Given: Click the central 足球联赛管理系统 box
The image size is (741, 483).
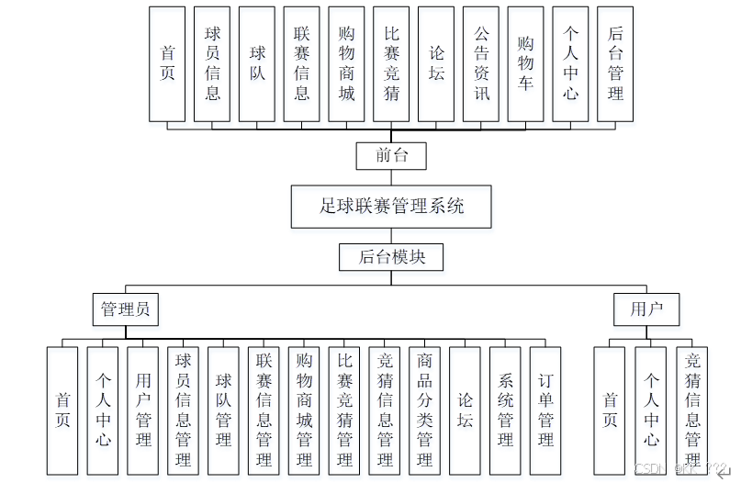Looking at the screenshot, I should pos(391,207).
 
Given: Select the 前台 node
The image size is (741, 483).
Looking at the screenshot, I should pos(391,155).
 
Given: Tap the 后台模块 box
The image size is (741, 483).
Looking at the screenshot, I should pos(391,256).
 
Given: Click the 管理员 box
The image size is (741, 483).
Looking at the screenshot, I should pos(125,309).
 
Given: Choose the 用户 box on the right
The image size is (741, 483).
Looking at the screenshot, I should pos(646,309).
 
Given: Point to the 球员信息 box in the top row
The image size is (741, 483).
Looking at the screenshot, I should pos(212,64).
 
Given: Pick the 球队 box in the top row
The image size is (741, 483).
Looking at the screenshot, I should pos(257,64).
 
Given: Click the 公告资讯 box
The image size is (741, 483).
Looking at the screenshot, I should pos(481,64).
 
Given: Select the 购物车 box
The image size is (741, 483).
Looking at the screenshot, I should pos(526,64).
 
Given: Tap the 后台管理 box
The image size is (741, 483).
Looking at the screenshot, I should pos(615,64).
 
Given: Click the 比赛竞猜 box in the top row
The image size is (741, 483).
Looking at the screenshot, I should pos(392,64).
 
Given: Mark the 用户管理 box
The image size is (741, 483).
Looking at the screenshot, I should pos(142,410).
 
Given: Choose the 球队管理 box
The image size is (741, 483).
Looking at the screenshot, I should pos(223,410).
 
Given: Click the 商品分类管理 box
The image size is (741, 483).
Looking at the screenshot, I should pos(424,410).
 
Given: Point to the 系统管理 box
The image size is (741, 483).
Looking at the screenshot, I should pos(505,410).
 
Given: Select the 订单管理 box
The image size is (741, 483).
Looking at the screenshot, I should pos(545,410).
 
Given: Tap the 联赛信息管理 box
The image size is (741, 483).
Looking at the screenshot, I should pos(264,410).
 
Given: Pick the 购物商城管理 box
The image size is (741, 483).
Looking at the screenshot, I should pos(304,410).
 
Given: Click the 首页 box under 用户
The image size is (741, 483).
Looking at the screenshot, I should pos(610,410).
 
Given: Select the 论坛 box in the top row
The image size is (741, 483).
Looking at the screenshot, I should pos(436,64).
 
